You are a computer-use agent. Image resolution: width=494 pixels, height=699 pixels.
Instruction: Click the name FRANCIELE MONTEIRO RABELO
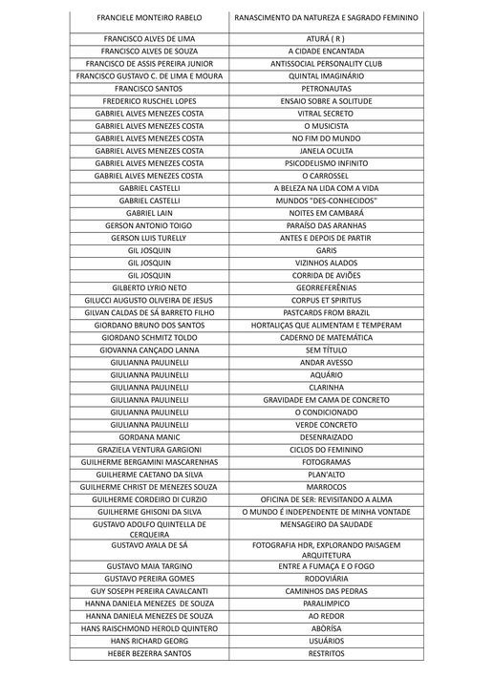click(149, 19)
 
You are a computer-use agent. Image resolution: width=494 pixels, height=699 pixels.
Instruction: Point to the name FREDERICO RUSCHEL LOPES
click(149, 100)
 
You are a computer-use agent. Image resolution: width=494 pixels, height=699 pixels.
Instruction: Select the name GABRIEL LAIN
click(149, 213)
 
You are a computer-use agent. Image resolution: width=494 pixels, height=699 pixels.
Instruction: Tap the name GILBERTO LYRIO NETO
click(149, 287)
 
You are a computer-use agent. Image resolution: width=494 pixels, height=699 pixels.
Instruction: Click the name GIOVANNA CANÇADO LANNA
click(149, 350)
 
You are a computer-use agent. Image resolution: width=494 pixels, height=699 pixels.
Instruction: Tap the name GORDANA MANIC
click(149, 437)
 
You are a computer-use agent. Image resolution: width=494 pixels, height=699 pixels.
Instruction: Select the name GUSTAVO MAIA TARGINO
click(149, 566)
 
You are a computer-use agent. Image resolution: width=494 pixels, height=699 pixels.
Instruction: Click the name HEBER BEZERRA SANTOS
click(149, 653)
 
